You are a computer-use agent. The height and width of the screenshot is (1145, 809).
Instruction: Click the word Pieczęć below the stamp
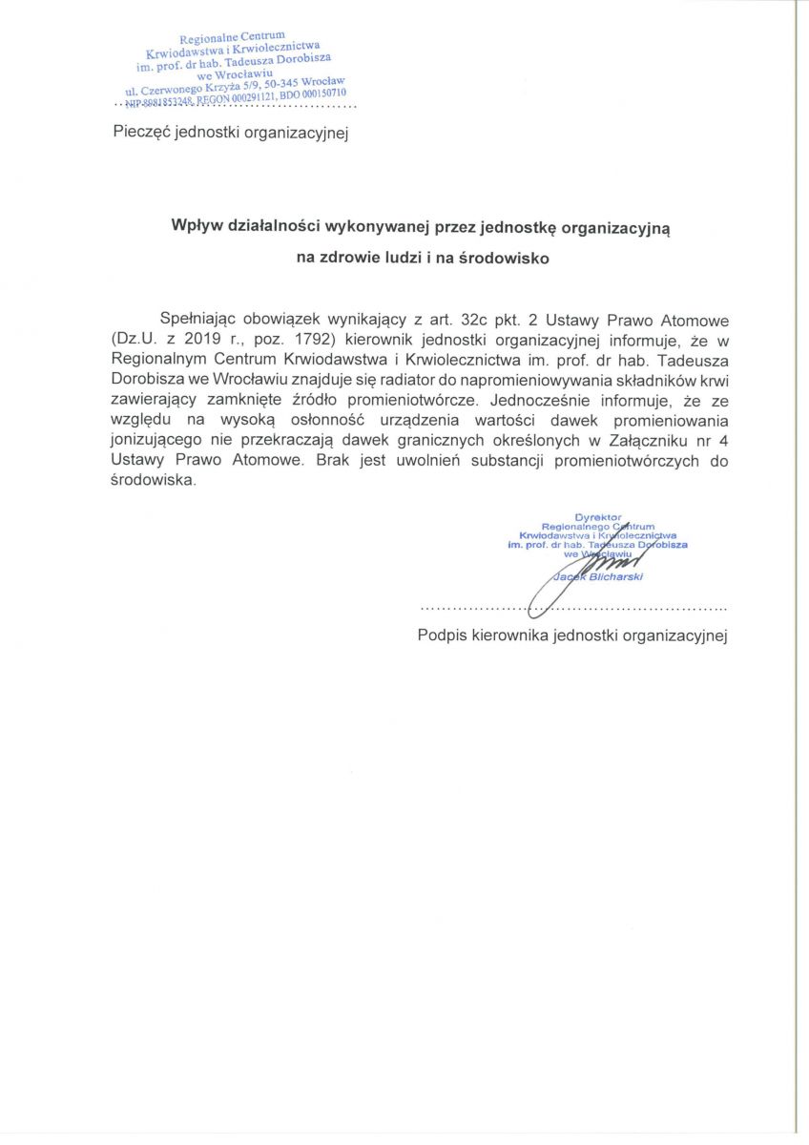[141, 133]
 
